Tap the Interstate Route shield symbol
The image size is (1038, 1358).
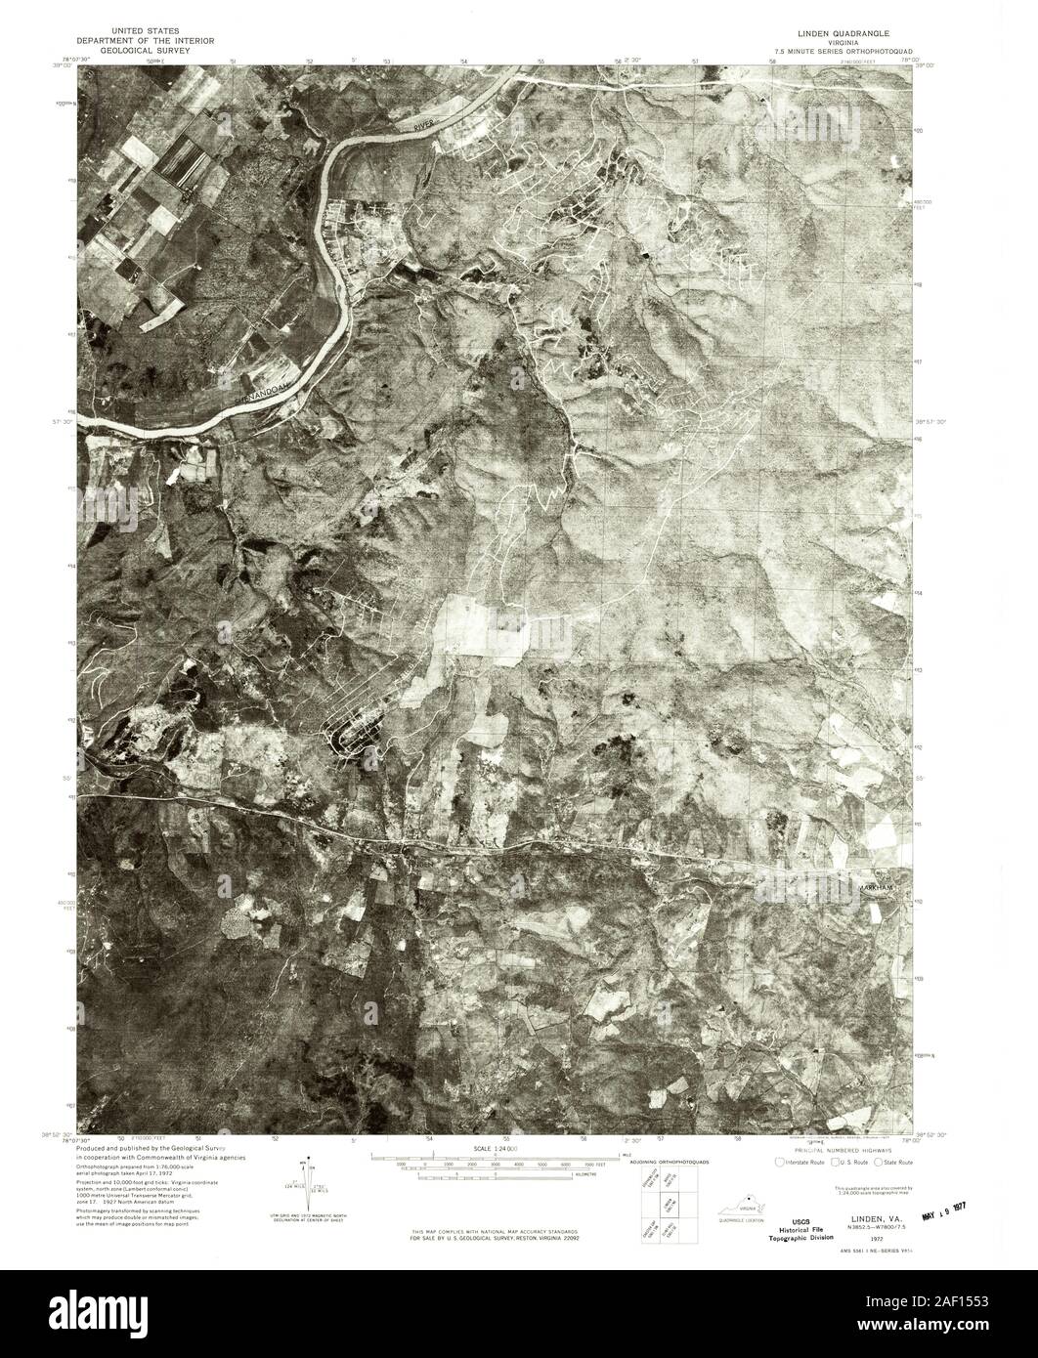(779, 1163)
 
